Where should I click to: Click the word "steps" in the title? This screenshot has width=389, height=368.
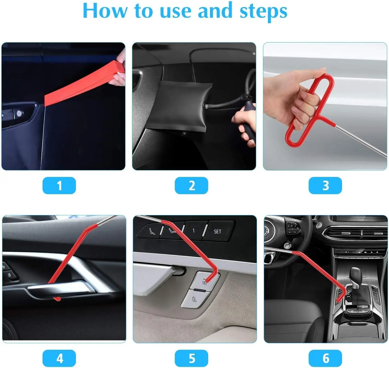tap(263, 12)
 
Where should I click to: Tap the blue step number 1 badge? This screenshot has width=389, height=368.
tap(59, 186)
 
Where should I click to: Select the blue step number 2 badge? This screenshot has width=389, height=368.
tap(191, 186)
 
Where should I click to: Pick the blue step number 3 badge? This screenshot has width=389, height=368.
tap(325, 186)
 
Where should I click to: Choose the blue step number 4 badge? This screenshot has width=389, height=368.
tap(59, 358)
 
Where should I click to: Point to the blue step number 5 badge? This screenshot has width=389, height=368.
tap(191, 358)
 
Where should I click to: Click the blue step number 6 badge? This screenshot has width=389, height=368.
tap(325, 358)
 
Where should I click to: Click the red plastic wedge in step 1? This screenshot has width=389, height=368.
tap(83, 84)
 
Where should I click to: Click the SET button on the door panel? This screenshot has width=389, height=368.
tap(217, 231)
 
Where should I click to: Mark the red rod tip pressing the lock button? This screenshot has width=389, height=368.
tap(206, 281)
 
